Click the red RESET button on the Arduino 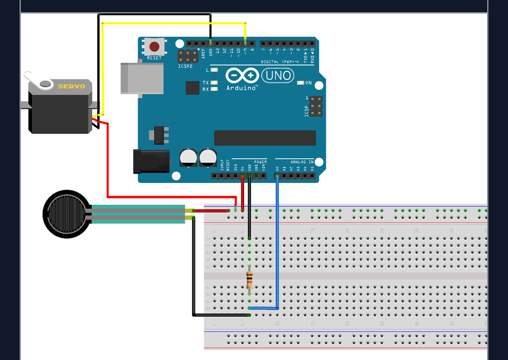[154, 47]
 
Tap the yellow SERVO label [71, 86]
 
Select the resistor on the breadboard [249, 281]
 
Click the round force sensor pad [66, 214]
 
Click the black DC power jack [151, 162]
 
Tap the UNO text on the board [277, 76]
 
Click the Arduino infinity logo [243, 76]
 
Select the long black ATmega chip [265, 138]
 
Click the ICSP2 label [184, 65]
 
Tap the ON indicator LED [300, 83]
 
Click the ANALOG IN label [302, 162]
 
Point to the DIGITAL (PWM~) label [279, 62]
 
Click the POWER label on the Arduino [260, 162]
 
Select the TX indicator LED [214, 83]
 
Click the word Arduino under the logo [241, 88]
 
